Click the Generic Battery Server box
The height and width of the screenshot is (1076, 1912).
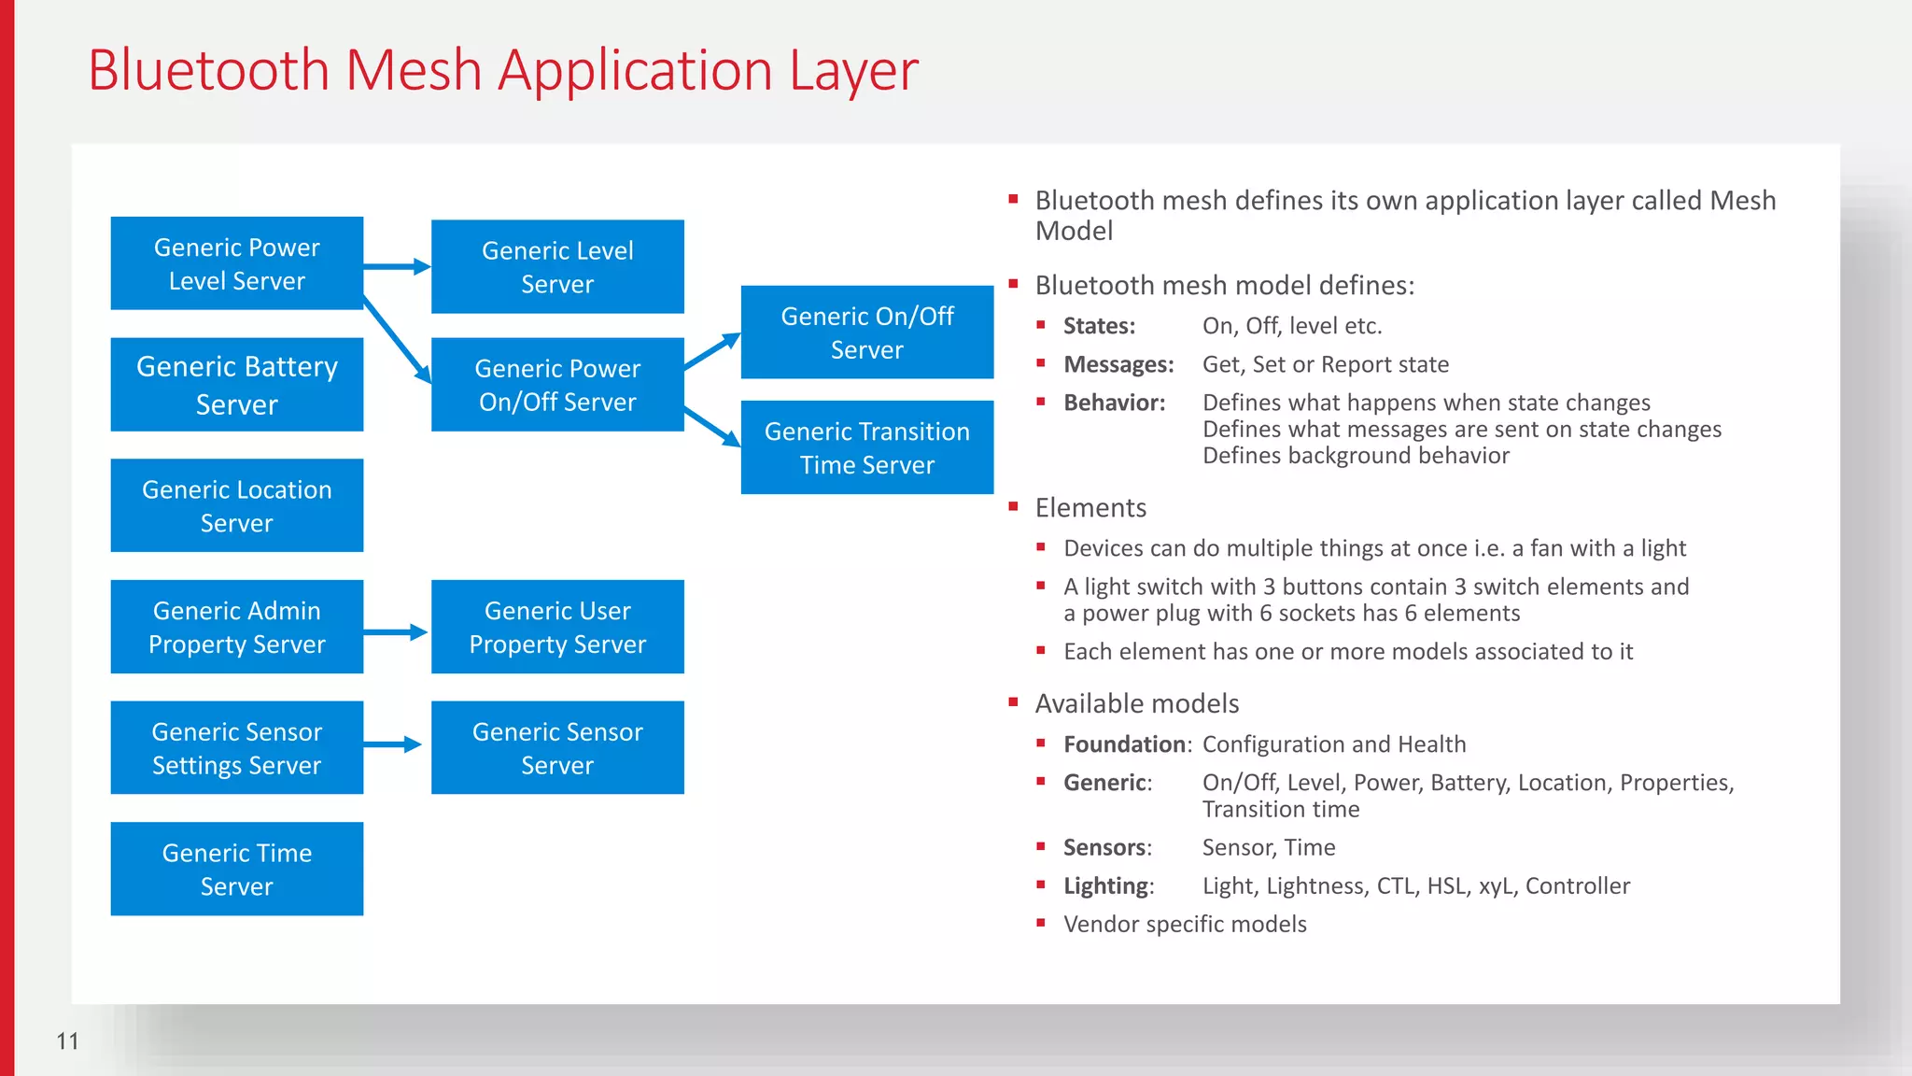(x=236, y=385)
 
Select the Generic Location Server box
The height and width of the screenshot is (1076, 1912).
(x=236, y=505)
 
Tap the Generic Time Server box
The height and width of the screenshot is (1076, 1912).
(x=236, y=869)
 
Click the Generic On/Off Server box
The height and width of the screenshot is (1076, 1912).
(x=866, y=333)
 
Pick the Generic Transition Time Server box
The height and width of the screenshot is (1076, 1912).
(x=866, y=447)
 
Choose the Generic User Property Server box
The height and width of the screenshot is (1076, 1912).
(x=557, y=627)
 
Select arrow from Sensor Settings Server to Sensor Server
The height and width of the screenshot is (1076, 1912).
(x=392, y=744)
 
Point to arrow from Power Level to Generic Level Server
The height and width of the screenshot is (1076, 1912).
(x=397, y=267)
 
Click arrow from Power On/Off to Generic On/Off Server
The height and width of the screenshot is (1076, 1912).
(x=712, y=352)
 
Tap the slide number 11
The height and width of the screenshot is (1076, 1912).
(x=67, y=1041)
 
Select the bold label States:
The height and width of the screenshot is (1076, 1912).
(x=1099, y=326)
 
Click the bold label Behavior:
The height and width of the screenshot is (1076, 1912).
(x=1114, y=403)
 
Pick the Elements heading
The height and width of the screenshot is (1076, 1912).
(x=1090, y=508)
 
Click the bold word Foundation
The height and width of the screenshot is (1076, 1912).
(x=1124, y=744)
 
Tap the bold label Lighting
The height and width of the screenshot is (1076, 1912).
(x=1106, y=885)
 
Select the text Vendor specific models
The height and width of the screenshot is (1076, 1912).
(x=1185, y=924)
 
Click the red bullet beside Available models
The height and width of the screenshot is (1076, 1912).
(x=1013, y=701)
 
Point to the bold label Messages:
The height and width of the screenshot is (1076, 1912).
(x=1118, y=364)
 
